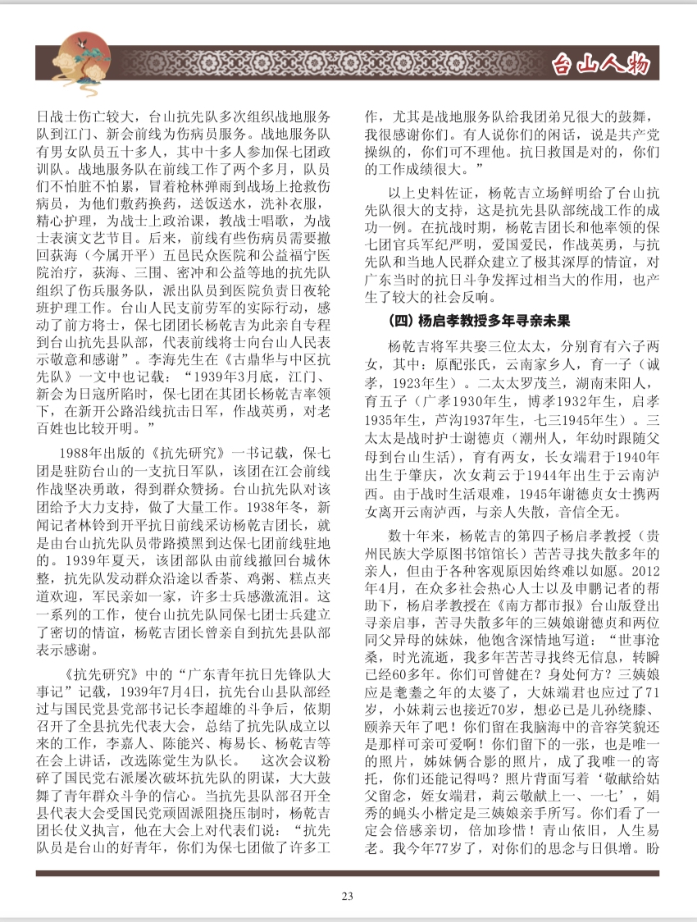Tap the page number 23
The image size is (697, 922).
348,897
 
